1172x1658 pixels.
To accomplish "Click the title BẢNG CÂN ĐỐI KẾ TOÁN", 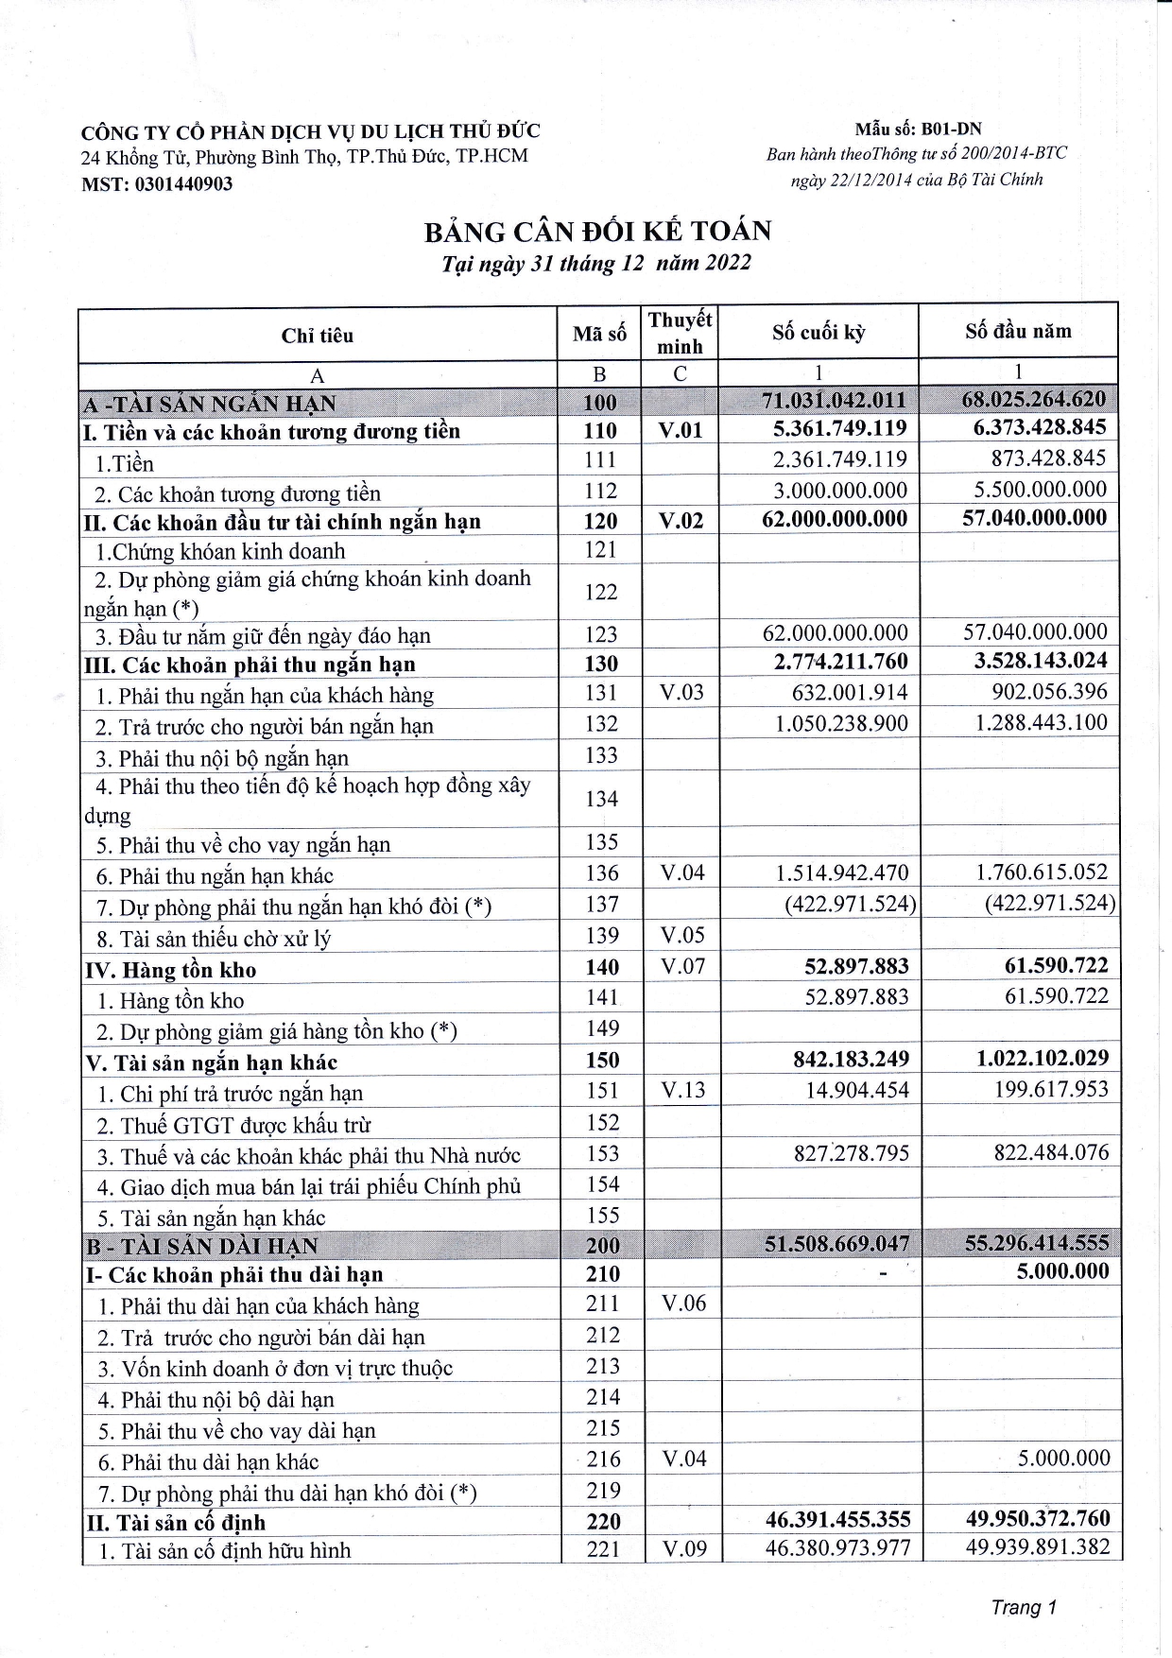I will click(597, 232).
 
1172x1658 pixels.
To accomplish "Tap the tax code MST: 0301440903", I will click(157, 184).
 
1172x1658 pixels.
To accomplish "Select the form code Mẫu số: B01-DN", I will click(918, 130).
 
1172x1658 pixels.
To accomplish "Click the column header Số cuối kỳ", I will click(818, 333).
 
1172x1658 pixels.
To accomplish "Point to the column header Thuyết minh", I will click(680, 333).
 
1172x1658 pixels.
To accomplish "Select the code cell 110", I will click(600, 431).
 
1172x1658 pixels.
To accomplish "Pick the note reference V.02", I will click(681, 521).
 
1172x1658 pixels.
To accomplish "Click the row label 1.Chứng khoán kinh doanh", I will click(220, 551).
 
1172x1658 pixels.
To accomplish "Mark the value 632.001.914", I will click(849, 693).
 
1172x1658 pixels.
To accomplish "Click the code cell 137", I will click(601, 905).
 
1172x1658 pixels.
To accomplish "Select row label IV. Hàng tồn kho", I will click(171, 970).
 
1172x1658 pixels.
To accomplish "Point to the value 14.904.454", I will click(856, 1091).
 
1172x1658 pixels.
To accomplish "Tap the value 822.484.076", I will click(1051, 1153).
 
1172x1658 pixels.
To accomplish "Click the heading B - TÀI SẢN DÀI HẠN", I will click(202, 1246).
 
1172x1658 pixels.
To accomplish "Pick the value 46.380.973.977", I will click(837, 1549).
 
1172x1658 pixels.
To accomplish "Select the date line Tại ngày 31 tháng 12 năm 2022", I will click(596, 264).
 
